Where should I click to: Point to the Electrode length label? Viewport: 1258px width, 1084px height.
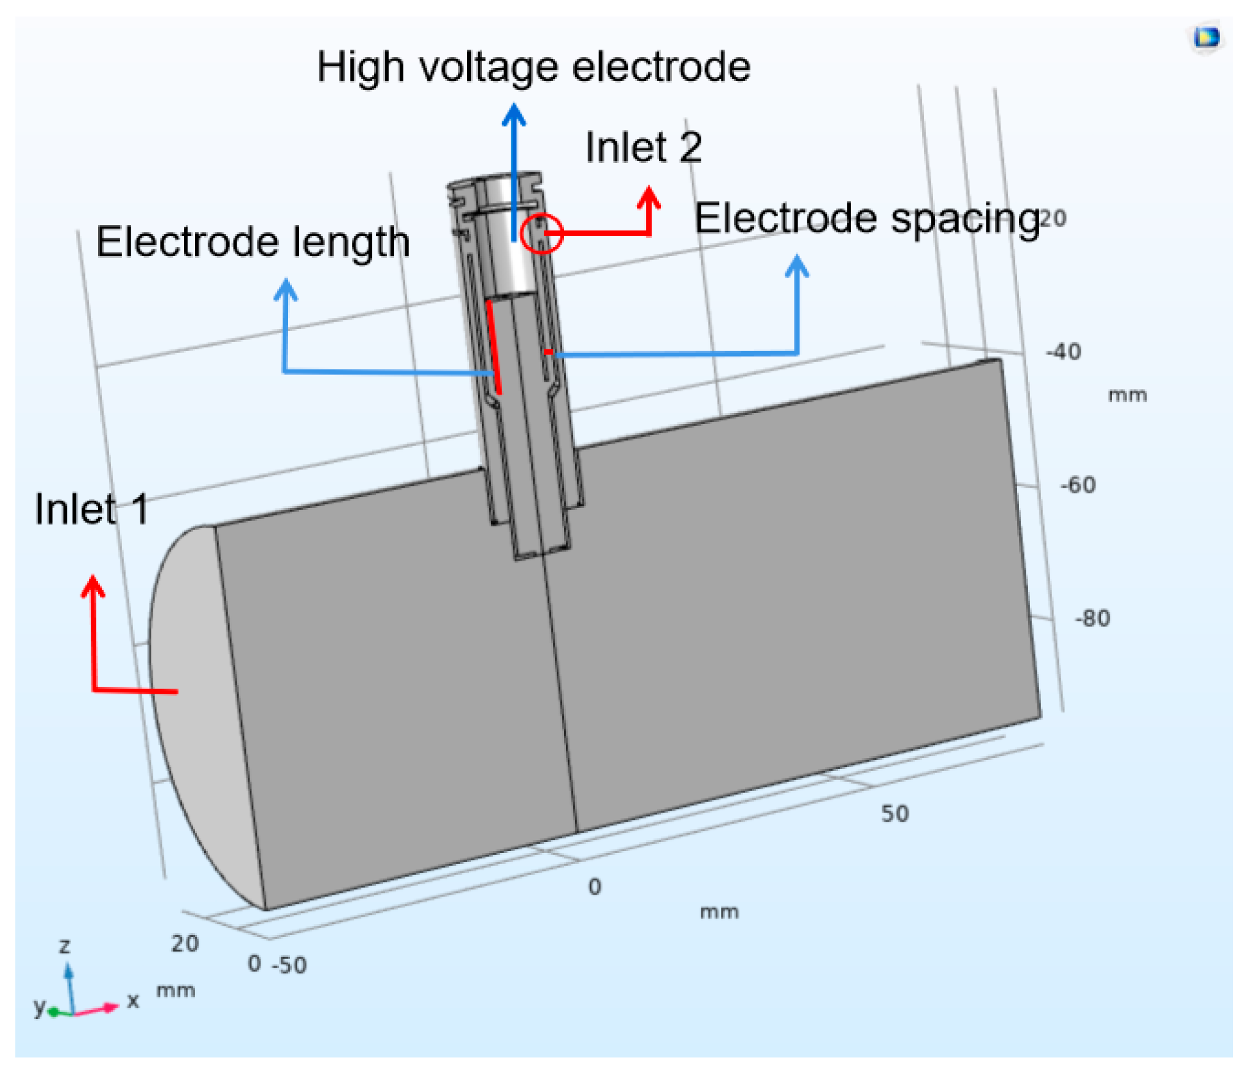pos(253,242)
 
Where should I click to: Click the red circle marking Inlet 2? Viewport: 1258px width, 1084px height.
pos(541,233)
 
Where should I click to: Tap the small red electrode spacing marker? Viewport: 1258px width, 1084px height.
pos(549,352)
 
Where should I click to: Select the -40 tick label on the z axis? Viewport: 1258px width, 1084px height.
pos(1064,352)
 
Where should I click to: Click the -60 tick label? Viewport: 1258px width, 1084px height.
pos(1078,485)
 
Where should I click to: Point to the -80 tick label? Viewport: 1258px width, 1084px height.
pos(1092,618)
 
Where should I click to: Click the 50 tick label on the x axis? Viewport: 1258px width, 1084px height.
pos(895,814)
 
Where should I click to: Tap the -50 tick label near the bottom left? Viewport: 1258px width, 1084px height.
pos(289,965)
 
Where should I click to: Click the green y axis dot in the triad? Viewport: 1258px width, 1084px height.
pos(53,1012)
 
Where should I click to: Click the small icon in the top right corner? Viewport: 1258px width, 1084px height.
pos(1207,38)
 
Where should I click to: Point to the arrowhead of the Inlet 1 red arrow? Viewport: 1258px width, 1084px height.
pos(93,585)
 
